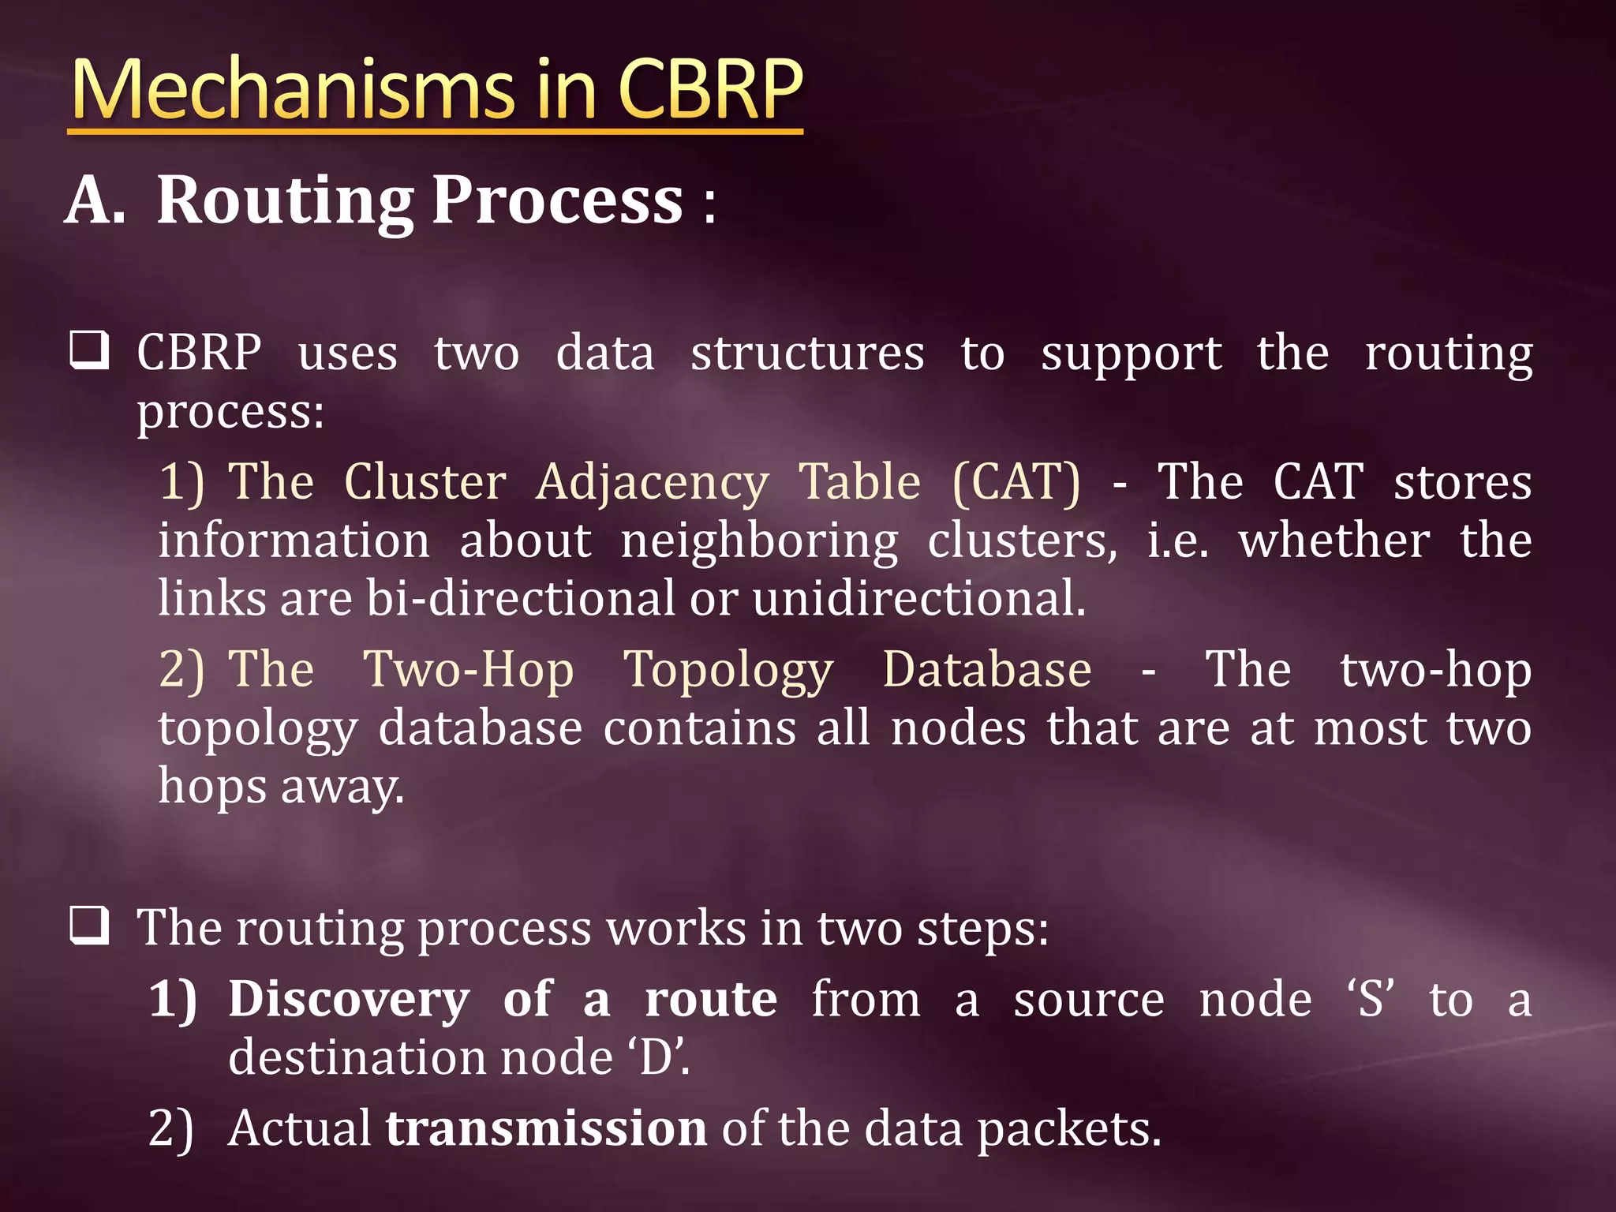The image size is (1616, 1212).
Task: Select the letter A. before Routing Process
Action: (x=95, y=200)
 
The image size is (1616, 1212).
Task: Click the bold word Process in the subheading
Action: (x=557, y=200)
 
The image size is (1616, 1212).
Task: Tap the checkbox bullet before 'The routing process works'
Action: (x=89, y=926)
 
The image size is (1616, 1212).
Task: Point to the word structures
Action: (x=806, y=353)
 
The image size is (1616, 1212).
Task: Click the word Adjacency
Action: (x=652, y=483)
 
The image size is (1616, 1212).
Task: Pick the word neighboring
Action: (x=758, y=542)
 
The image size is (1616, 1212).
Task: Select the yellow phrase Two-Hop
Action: (x=468, y=671)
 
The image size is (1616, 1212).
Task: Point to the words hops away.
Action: (x=281, y=787)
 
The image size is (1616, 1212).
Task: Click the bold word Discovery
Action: (x=349, y=1000)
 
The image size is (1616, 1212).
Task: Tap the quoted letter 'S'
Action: (x=1371, y=998)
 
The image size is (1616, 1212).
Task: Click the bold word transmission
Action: (x=545, y=1128)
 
